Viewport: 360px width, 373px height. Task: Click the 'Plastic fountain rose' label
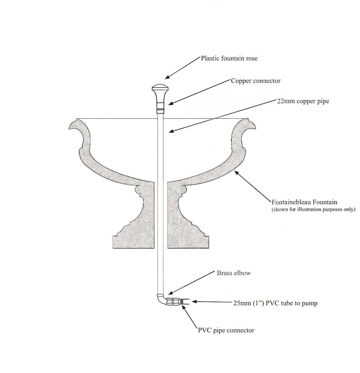pos(229,59)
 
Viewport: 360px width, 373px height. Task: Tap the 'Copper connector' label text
pos(255,81)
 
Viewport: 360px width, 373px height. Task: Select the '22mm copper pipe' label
pos(303,101)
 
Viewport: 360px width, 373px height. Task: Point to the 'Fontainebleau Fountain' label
pos(304,202)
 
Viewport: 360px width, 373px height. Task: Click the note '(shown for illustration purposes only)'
pos(313,209)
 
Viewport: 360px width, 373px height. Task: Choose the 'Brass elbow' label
pos(234,273)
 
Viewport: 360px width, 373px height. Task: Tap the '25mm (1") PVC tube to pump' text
pos(275,303)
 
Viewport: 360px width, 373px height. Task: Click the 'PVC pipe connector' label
pos(226,330)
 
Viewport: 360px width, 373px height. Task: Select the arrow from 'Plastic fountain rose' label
pos(182,68)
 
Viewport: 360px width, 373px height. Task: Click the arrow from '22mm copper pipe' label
pos(222,116)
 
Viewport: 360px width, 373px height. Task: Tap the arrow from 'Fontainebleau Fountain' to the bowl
pos(253,187)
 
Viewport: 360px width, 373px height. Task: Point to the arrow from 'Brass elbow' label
pos(192,283)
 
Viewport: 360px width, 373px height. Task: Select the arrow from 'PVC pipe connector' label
pos(189,316)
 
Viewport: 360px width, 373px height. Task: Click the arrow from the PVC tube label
pos(212,302)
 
